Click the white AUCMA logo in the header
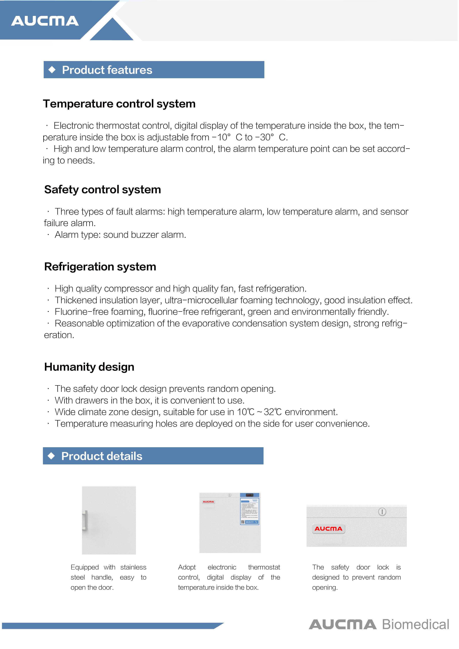45,21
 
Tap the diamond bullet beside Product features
52,70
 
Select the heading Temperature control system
119,104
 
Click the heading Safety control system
102,189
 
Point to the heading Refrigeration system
100,267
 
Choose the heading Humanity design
89,367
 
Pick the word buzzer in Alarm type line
145,235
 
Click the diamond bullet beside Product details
51,456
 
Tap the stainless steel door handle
85,520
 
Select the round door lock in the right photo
382,512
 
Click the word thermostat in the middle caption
264,567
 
